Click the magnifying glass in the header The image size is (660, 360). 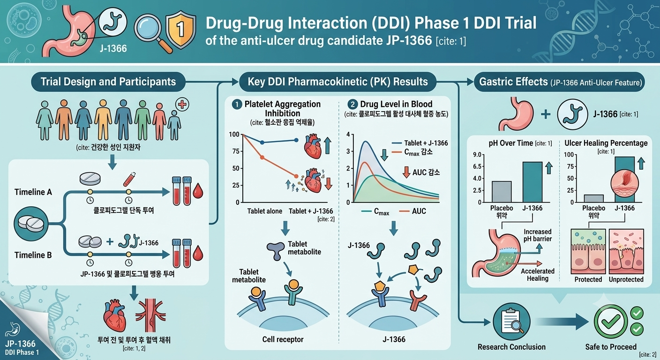pos(152,32)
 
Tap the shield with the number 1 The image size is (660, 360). pos(180,30)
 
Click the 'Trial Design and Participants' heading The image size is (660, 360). pos(108,82)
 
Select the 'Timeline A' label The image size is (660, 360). pos(33,192)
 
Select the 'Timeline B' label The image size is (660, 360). pos(33,255)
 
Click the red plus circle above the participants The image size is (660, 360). pos(182,104)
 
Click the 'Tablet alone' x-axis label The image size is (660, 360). pos(264,211)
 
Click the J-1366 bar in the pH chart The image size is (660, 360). pos(532,182)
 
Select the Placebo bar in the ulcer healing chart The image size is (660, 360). pos(594,198)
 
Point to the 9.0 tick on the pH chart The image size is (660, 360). pos(477,155)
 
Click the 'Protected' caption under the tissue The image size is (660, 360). pos(588,279)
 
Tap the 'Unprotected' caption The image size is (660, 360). pos(626,279)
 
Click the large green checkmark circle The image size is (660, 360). pos(611,322)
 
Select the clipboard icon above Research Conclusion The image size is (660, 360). pos(511,322)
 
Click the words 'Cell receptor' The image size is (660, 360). pos(283,339)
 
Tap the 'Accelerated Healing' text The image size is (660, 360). pos(538,275)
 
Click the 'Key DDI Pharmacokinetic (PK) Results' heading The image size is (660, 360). pos(337,82)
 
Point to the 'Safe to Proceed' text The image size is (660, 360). pos(611,347)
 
